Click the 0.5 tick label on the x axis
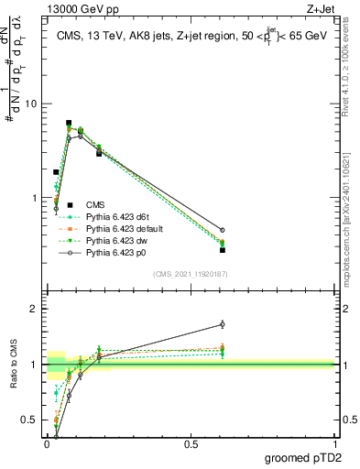click(x=191, y=444)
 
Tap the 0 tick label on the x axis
click(x=48, y=444)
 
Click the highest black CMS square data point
click(x=69, y=123)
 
